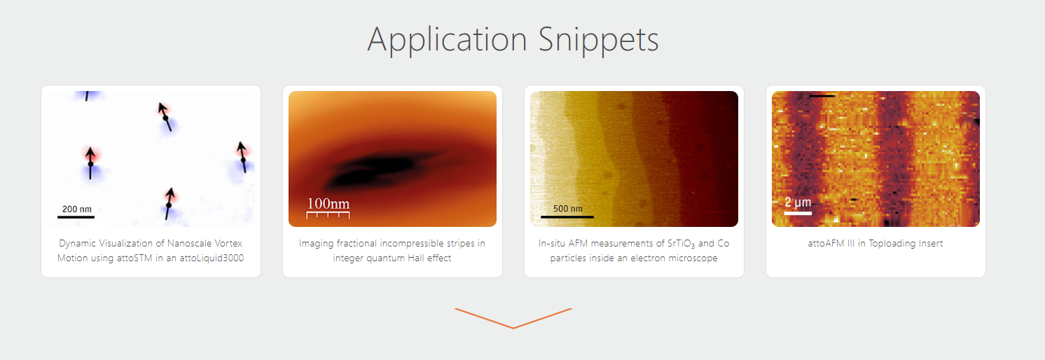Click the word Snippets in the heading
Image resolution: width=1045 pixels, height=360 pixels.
(599, 41)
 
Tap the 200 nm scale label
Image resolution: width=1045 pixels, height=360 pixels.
(77, 209)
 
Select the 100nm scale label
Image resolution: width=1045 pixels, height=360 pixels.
(328, 203)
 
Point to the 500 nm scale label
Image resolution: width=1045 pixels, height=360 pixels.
(568, 209)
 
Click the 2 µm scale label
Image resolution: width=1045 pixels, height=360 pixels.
(798, 202)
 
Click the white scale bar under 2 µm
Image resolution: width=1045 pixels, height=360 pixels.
(798, 214)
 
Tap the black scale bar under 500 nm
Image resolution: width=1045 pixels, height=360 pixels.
(567, 217)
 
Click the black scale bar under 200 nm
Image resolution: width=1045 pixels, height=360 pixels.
(76, 217)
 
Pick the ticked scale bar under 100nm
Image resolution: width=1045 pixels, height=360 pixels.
(328, 214)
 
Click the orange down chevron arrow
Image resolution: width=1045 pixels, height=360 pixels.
(513, 319)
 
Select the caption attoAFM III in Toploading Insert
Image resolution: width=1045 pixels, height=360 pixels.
(876, 244)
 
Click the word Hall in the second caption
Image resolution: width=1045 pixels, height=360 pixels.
(416, 258)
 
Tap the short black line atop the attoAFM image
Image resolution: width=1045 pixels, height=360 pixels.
(822, 96)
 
